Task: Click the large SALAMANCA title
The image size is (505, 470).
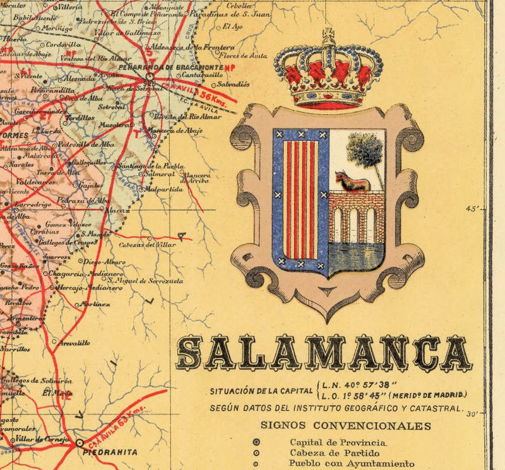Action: [x=323, y=353]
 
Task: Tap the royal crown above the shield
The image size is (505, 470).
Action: [x=328, y=73]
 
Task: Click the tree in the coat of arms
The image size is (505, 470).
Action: [x=365, y=151]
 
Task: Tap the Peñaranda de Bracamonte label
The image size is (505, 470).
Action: [x=187, y=67]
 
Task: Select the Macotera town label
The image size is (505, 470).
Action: [x=114, y=124]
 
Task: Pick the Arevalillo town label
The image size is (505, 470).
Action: [x=75, y=343]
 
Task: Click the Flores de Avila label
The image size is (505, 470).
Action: [x=250, y=56]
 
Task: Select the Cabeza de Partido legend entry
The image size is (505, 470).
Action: [x=334, y=453]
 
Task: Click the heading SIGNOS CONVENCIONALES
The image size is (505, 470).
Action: [x=346, y=426]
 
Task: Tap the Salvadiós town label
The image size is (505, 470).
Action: [x=233, y=83]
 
